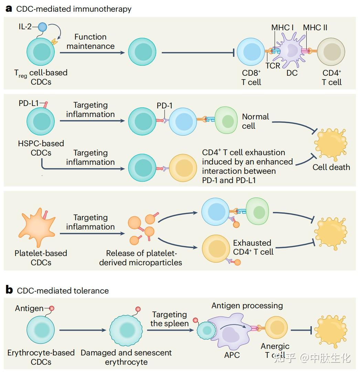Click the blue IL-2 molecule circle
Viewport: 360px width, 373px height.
click(x=42, y=27)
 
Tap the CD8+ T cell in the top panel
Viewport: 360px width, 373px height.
click(x=251, y=52)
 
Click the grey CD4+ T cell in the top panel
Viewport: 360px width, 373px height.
click(x=331, y=52)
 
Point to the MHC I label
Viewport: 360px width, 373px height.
click(x=283, y=28)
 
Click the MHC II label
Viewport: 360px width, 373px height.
click(x=315, y=28)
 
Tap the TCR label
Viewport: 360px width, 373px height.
click(x=273, y=66)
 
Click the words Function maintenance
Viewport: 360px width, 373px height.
click(x=91, y=41)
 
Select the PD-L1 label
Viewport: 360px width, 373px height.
click(x=29, y=103)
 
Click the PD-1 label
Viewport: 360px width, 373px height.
click(x=165, y=105)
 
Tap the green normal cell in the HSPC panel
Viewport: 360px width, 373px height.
click(x=226, y=120)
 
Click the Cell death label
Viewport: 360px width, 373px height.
click(x=331, y=167)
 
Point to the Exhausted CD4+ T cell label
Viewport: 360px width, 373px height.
click(x=253, y=247)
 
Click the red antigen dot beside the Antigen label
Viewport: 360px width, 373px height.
click(x=52, y=308)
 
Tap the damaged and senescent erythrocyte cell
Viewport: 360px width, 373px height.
click(x=126, y=330)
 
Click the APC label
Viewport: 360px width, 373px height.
click(x=232, y=355)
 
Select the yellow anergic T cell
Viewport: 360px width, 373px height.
click(x=276, y=328)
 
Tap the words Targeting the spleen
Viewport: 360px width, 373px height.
click(x=169, y=319)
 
